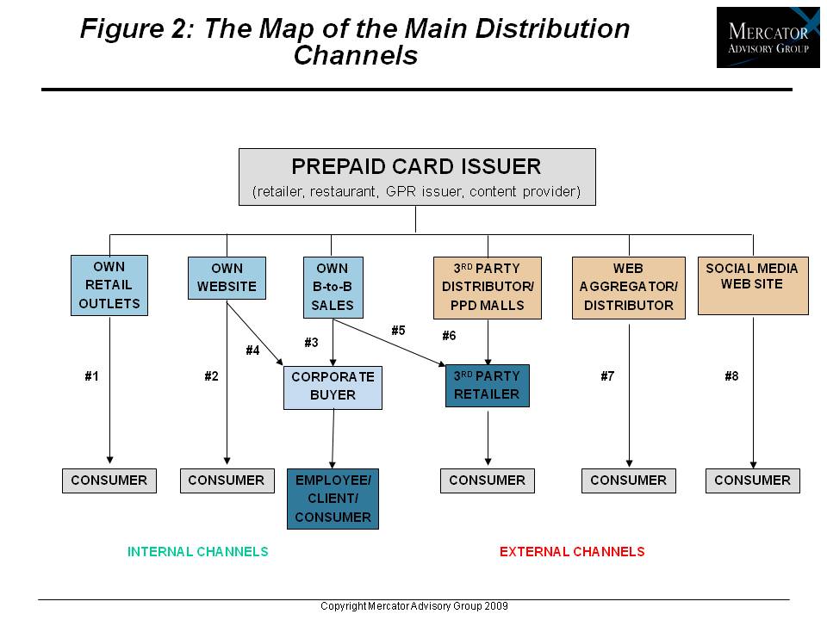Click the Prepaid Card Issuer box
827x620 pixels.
(416, 177)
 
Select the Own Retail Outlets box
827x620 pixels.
(109, 285)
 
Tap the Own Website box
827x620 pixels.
(227, 277)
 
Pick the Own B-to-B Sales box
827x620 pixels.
(333, 287)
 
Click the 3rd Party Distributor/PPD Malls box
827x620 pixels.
(488, 287)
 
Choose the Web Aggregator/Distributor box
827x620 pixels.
(629, 287)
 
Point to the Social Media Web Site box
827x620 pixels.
(752, 285)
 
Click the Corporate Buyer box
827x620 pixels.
(333, 387)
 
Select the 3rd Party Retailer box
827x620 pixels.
(487, 386)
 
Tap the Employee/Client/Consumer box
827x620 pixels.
(333, 499)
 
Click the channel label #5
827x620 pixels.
(398, 330)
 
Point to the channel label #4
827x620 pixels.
(252, 350)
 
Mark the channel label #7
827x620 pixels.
(608, 376)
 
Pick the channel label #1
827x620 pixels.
(92, 376)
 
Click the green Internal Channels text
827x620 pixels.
(198, 551)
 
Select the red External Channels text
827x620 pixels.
(572, 551)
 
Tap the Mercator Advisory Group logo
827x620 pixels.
(768, 37)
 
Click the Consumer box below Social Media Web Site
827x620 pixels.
(752, 480)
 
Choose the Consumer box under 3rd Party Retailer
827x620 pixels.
(487, 480)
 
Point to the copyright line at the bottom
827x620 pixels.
(413, 606)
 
